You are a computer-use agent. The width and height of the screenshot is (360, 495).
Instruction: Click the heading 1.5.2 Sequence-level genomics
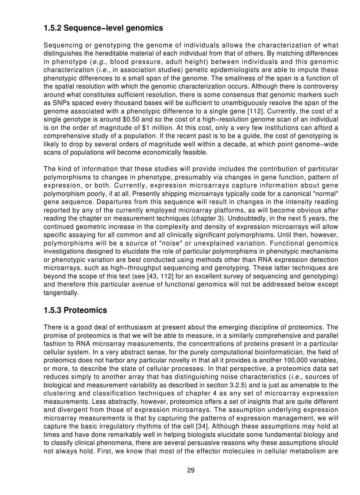point(103,28)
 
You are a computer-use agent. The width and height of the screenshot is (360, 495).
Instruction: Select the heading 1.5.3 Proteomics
point(75,310)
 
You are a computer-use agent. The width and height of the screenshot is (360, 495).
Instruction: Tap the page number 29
point(191,470)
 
